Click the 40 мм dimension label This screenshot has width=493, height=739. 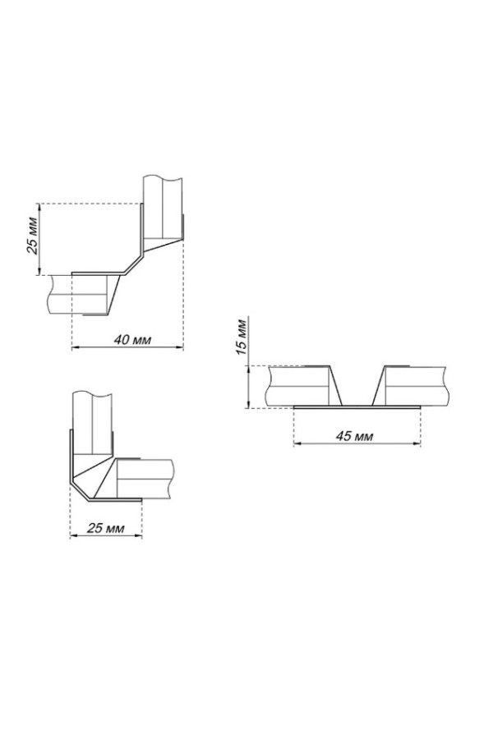tap(132, 339)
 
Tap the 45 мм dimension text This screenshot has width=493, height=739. tap(354, 436)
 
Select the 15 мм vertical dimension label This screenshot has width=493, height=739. tap(241, 337)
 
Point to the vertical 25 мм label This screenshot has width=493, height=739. tap(33, 235)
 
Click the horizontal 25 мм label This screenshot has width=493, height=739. tap(106, 528)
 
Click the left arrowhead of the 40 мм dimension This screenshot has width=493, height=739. tap(75, 348)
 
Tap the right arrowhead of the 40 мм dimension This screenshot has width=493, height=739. tap(180, 348)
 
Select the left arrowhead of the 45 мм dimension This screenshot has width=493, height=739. tap(297, 443)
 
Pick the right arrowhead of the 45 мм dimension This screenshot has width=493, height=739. tap(417, 443)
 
